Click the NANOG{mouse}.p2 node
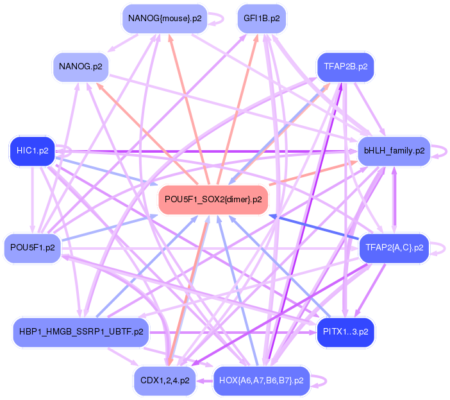[165, 19]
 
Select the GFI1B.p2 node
[262, 19]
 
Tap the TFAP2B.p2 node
[346, 67]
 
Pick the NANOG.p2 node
[83, 67]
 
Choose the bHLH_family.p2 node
[394, 152]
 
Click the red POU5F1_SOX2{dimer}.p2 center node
[213, 200]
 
